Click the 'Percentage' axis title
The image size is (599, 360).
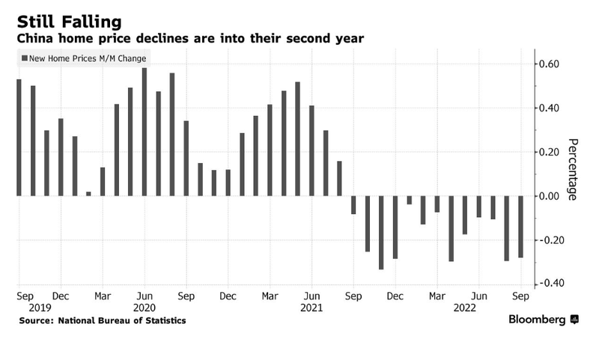point(573,168)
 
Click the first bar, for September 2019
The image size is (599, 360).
point(19,138)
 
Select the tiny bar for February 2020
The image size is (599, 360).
point(88,194)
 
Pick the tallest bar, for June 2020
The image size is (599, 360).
point(145,132)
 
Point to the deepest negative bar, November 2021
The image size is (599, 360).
point(381,233)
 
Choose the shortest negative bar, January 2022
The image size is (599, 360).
point(410,200)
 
